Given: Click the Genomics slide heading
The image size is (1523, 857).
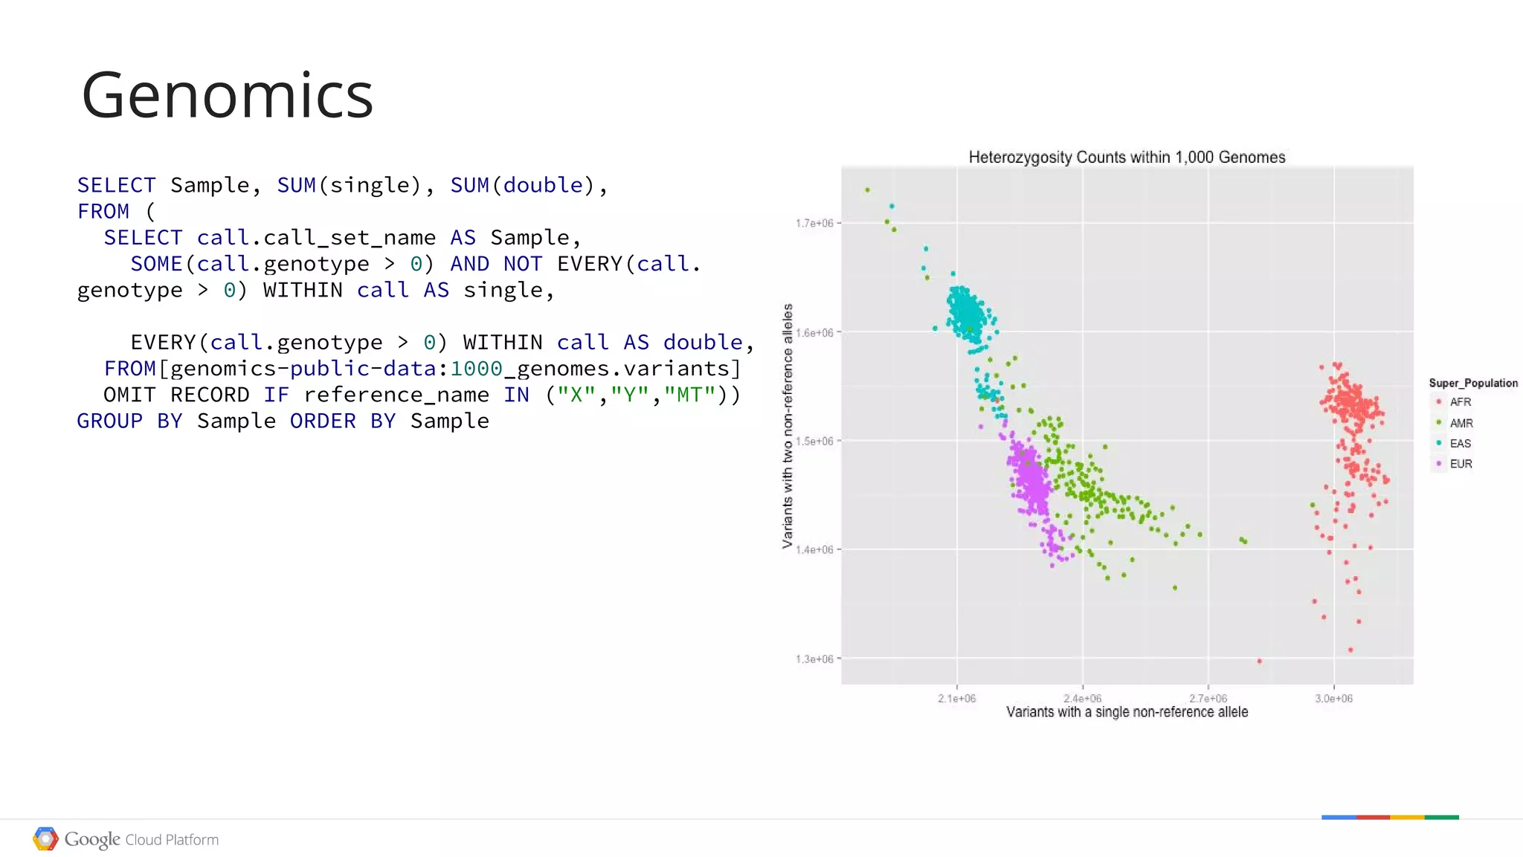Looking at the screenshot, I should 227,95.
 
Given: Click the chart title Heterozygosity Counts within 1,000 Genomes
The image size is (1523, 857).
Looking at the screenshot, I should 1127,158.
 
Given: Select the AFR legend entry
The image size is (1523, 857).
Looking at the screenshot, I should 1460,402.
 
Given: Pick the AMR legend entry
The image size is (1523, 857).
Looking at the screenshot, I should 1461,423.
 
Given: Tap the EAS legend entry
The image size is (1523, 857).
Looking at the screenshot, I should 1460,444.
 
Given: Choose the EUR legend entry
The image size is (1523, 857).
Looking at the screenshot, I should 1461,464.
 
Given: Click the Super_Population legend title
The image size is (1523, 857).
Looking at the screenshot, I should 1472,383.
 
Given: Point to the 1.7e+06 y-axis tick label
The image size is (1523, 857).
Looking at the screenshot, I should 814,223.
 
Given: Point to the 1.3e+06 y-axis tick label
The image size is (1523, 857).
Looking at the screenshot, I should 814,659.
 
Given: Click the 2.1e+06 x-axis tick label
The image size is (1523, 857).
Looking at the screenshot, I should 956,699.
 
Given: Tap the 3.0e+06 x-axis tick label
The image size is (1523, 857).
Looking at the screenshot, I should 1333,699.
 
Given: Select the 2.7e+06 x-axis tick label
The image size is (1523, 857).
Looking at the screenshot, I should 1208,699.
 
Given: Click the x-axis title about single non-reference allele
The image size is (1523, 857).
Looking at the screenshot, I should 1127,712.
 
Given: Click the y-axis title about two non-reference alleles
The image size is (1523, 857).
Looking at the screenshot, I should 788,426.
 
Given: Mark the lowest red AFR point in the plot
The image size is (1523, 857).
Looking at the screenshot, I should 1259,661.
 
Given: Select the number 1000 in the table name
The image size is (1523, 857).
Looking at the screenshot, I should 476,369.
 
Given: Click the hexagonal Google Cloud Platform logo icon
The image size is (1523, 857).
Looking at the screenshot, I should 45,839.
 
